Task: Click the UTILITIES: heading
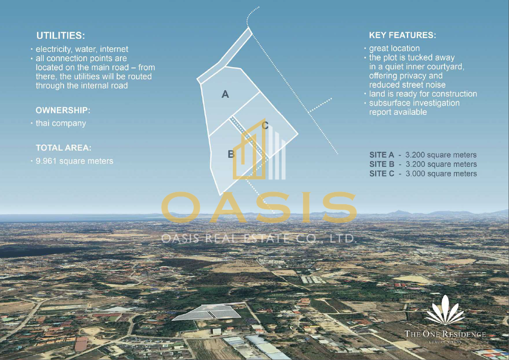(x=60, y=36)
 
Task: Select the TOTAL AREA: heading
(x=64, y=148)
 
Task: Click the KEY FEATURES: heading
(x=403, y=35)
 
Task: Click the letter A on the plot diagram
(x=225, y=95)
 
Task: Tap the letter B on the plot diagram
(x=231, y=154)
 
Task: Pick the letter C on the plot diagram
(x=265, y=126)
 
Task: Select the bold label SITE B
(x=382, y=165)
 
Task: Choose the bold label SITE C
(x=382, y=174)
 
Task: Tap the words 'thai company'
(x=61, y=123)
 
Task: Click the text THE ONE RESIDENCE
(x=445, y=334)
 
